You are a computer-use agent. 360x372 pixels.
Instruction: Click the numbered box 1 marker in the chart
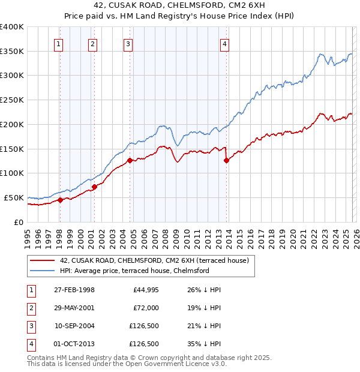[x=59, y=43]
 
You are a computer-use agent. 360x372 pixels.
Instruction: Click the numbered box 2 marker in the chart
[x=93, y=43]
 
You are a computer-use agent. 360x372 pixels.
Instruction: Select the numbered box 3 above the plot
[x=128, y=43]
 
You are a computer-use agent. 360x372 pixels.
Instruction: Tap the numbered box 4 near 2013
[x=224, y=43]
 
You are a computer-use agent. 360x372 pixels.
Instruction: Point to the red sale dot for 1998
[x=60, y=200]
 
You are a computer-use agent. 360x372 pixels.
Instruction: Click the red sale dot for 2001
[x=94, y=187]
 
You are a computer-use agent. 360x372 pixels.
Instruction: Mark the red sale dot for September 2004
[x=130, y=160]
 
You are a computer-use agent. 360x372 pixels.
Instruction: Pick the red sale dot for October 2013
[x=226, y=160]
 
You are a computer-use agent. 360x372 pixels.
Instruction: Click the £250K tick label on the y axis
[x=12, y=100]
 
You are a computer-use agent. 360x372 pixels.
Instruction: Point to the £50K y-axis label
[x=14, y=197]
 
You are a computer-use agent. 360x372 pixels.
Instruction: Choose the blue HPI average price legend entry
[x=134, y=271]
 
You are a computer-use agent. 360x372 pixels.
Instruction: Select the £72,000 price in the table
[x=146, y=308]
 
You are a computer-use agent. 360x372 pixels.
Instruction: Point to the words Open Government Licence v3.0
[x=175, y=364]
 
